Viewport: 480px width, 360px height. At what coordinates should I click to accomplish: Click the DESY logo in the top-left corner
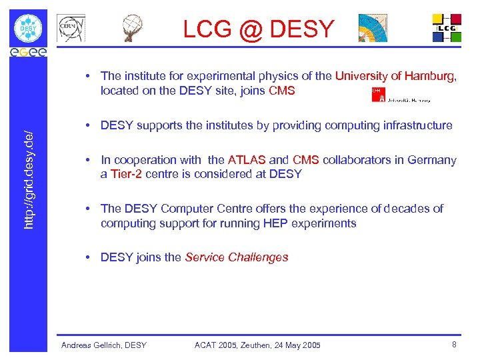(x=29, y=28)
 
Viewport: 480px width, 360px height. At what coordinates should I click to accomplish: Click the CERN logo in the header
(x=71, y=29)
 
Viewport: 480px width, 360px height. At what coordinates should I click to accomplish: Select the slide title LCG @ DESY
(x=259, y=29)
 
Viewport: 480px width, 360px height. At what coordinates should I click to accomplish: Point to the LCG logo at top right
(x=447, y=28)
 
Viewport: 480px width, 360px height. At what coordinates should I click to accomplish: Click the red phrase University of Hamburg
(x=395, y=76)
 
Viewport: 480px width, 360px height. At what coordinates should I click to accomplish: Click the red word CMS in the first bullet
(x=281, y=91)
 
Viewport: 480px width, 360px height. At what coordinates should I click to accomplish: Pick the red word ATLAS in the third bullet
(x=247, y=160)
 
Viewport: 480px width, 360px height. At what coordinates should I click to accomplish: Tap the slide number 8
(x=454, y=345)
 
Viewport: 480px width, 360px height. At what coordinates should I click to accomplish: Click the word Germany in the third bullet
(x=434, y=160)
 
